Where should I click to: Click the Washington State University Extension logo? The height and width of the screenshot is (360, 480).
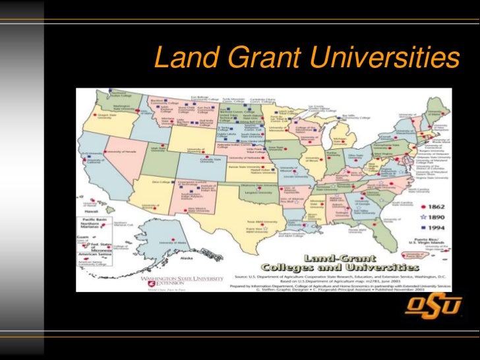coord(179,282)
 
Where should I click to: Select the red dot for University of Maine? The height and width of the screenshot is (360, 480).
coord(436,113)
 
